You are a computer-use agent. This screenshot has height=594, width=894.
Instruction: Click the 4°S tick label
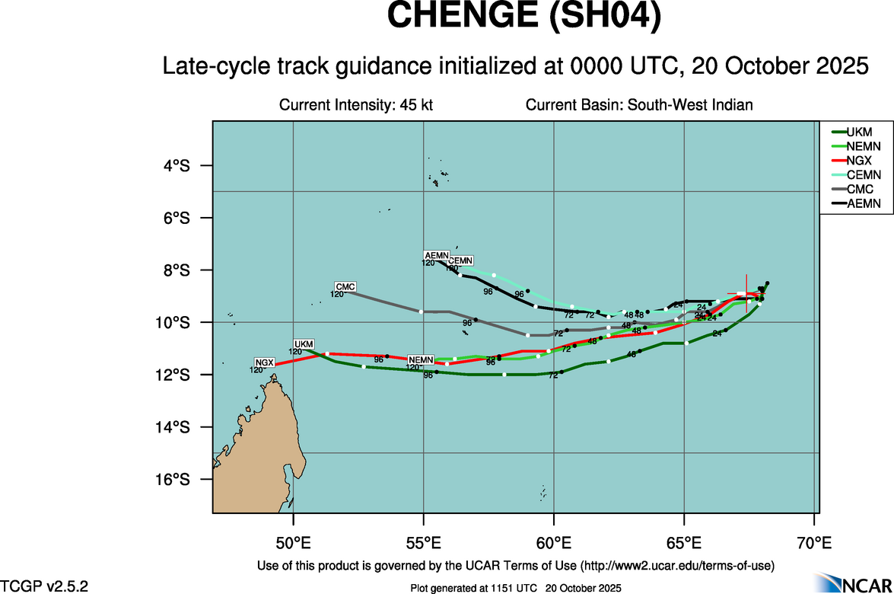click(177, 166)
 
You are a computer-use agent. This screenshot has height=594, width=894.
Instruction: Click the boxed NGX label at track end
click(264, 362)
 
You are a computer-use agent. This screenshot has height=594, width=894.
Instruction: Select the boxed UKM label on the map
click(304, 344)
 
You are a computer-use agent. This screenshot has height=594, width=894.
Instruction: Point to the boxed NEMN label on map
click(421, 359)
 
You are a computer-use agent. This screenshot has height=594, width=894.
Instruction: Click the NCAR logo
click(851, 583)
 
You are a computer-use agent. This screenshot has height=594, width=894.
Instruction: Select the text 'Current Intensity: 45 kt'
click(356, 105)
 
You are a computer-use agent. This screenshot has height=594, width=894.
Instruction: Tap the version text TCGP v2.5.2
click(44, 586)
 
